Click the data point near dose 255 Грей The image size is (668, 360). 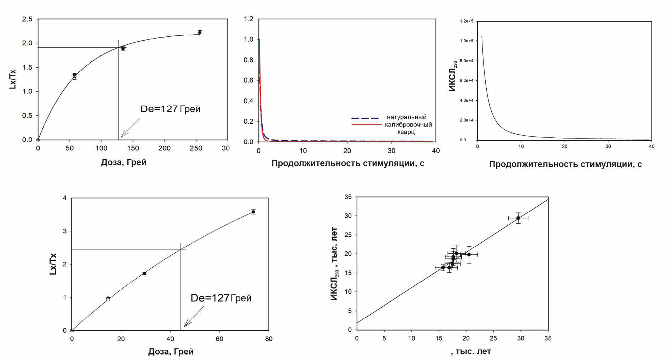pyautogui.click(x=200, y=33)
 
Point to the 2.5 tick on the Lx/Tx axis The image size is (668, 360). pyautogui.click(x=27, y=19)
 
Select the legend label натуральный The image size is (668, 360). pyautogui.click(x=406, y=117)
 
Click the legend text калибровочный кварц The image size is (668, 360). pyautogui.click(x=408, y=128)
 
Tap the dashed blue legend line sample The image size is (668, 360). pyautogui.click(x=365, y=118)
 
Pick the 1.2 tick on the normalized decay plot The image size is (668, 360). pyautogui.click(x=249, y=19)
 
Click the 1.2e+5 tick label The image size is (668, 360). pyautogui.click(x=467, y=21)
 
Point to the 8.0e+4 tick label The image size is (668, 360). pyautogui.click(x=467, y=61)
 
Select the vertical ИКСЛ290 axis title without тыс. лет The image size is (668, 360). pyautogui.click(x=453, y=76)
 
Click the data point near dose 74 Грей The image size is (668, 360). pyautogui.click(x=253, y=212)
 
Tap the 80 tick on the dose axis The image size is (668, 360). pyautogui.click(x=269, y=339)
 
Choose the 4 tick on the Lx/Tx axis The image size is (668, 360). pyautogui.click(x=65, y=198)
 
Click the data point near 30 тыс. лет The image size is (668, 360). pyautogui.click(x=518, y=218)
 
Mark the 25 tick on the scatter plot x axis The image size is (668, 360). pyautogui.click(x=493, y=338)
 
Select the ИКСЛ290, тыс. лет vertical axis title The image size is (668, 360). pyautogui.click(x=334, y=264)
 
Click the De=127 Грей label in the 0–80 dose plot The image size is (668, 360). pyautogui.click(x=221, y=298)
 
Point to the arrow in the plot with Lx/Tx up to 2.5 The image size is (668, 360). pyautogui.click(x=130, y=128)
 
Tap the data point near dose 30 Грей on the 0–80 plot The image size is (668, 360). pyautogui.click(x=144, y=273)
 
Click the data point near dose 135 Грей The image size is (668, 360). pyautogui.click(x=123, y=49)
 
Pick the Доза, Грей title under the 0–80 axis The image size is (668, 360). pyautogui.click(x=171, y=352)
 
